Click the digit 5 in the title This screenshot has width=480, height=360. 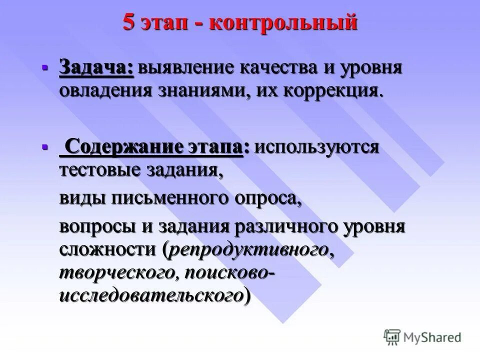129,23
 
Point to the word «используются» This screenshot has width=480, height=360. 316,148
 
